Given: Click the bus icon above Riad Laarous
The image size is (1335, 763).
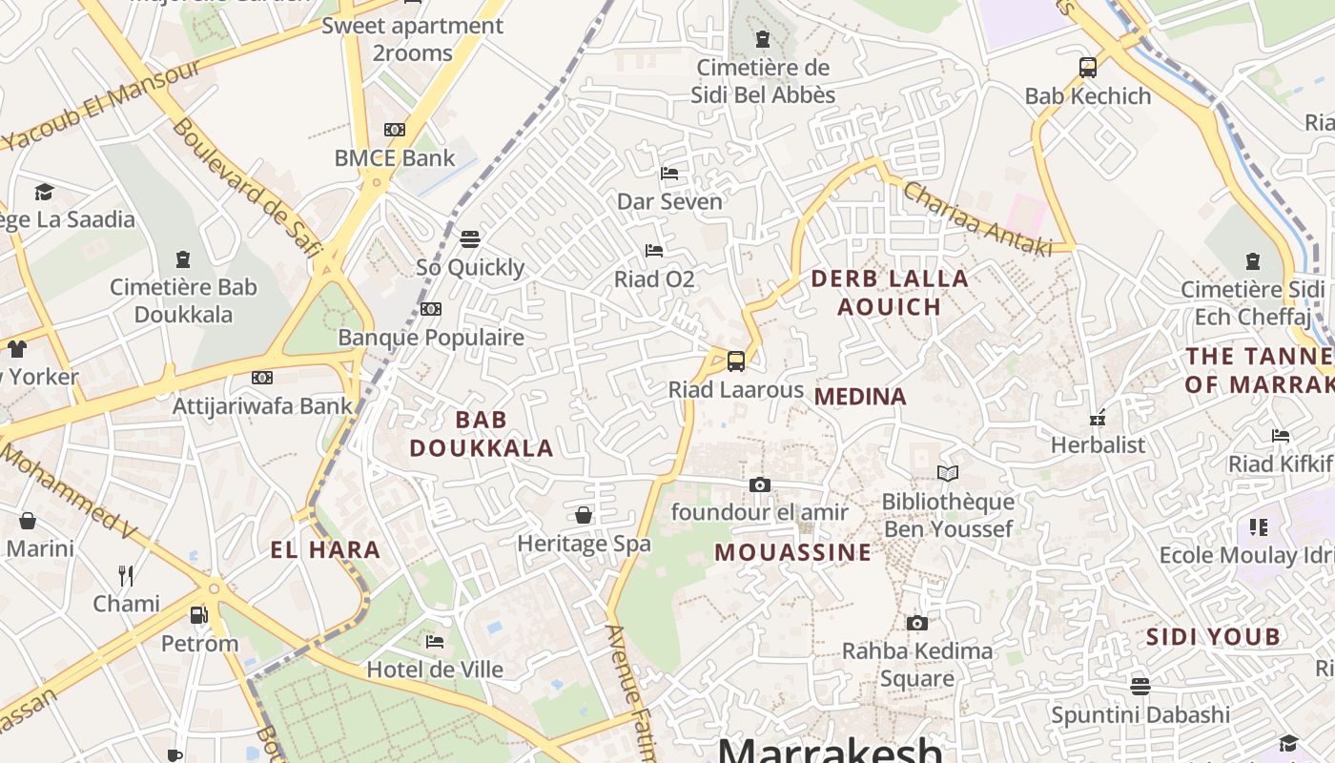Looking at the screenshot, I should click(735, 361).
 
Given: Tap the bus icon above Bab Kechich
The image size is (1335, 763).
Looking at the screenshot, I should click(1088, 68).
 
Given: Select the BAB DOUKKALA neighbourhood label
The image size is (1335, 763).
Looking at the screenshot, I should click(482, 434).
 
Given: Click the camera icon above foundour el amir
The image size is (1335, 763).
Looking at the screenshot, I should click(760, 485).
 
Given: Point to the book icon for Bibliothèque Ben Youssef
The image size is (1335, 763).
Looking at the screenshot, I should click(948, 473).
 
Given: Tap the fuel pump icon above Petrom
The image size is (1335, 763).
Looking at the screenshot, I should click(199, 615).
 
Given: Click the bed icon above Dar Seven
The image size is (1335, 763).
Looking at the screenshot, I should click(669, 174).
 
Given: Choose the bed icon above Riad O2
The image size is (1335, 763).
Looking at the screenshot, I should click(654, 251).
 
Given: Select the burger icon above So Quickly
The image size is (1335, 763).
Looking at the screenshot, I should click(470, 238).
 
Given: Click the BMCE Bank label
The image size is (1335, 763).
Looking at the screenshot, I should click(395, 158).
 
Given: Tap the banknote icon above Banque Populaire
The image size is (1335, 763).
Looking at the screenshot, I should click(431, 309).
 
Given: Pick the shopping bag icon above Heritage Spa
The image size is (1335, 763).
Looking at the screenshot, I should click(584, 516).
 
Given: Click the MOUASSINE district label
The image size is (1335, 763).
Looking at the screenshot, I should click(792, 552).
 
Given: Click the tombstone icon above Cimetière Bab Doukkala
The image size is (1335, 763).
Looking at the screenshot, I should click(183, 259).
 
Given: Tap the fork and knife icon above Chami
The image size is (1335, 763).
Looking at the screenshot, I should click(126, 575).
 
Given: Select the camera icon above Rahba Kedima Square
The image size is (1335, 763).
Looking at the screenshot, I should click(917, 624).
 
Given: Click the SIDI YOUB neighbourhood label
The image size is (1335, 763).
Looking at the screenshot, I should click(1213, 637).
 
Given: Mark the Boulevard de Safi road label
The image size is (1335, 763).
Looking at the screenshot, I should click(245, 187).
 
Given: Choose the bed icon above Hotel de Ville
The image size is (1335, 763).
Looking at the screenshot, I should click(435, 641).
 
